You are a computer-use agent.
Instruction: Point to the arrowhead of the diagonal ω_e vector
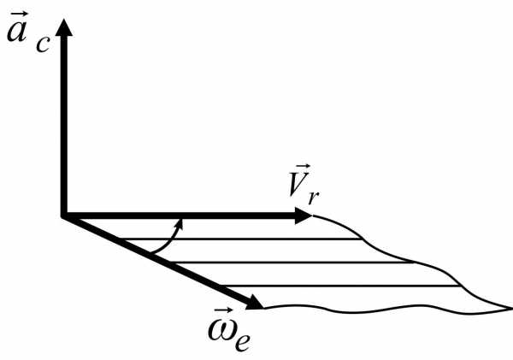[254, 303]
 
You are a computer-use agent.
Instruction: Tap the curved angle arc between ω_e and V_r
[164, 241]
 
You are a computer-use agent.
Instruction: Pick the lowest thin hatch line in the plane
[342, 285]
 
